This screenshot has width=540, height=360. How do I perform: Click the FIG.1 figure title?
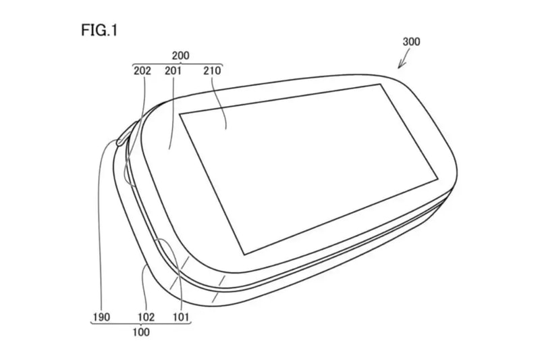[99, 30]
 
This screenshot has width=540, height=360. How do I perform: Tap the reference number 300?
[411, 42]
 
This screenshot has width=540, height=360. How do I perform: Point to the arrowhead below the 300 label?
[400, 65]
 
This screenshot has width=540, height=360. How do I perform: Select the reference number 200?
[180, 55]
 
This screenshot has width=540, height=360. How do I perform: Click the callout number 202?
[142, 71]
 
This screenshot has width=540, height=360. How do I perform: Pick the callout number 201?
[173, 71]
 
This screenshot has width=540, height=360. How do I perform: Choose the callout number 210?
[212, 71]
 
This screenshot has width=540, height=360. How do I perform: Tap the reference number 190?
[101, 317]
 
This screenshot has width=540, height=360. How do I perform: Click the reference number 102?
[146, 317]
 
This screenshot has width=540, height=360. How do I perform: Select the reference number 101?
[181, 317]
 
